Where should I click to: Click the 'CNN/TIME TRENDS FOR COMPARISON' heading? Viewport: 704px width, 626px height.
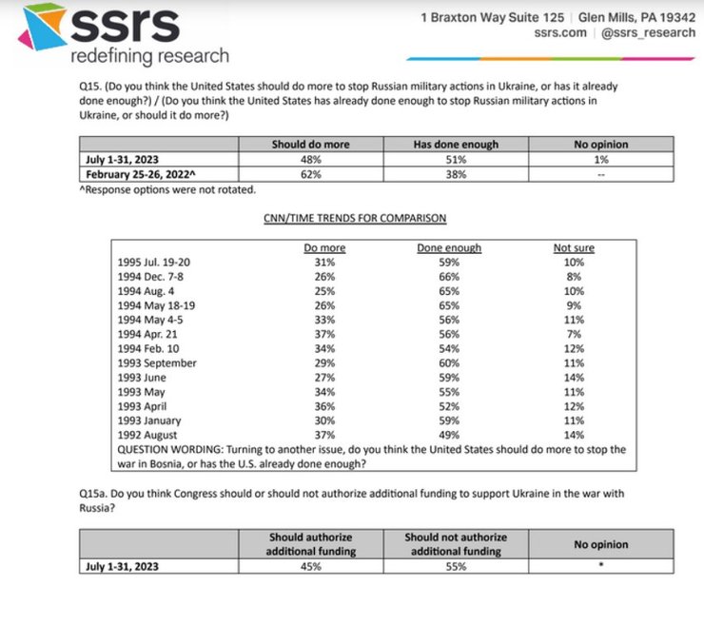(354, 219)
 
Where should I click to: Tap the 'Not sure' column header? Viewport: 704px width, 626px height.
(574, 248)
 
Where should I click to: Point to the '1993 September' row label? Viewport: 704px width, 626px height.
(156, 362)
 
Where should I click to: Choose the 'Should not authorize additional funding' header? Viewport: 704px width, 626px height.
(456, 545)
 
